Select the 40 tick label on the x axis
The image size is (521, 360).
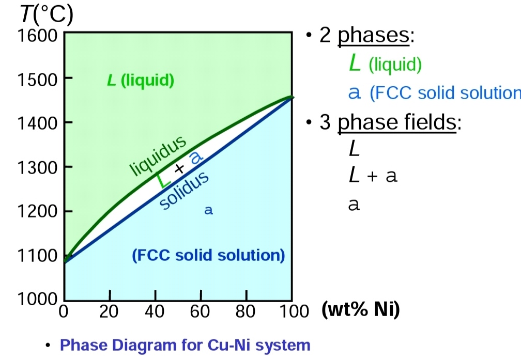coord(155,312)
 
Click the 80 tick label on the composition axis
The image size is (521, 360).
coord(246,312)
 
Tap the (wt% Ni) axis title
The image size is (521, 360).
coord(361,311)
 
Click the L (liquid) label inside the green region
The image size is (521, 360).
coord(140,81)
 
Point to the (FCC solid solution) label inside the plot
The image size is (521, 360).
coord(208,255)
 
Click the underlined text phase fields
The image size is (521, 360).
coord(397,123)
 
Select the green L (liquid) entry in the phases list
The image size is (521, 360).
coord(385,65)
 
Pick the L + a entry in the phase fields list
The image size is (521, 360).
coord(373,177)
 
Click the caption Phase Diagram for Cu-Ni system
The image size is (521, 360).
coord(186,345)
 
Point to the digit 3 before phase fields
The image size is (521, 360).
coord(326,123)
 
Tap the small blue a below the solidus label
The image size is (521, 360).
coord(208,211)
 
